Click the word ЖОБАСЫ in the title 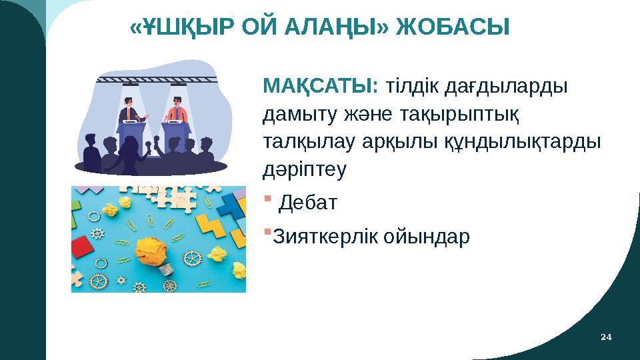pyautogui.click(x=453, y=27)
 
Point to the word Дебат pyautogui.click(x=308, y=203)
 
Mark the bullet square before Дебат pyautogui.click(x=268, y=199)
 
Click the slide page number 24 pyautogui.click(x=606, y=337)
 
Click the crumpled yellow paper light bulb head pyautogui.click(x=152, y=251)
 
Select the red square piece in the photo pyautogui.click(x=83, y=245)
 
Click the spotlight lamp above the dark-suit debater pyautogui.click(x=130, y=85)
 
